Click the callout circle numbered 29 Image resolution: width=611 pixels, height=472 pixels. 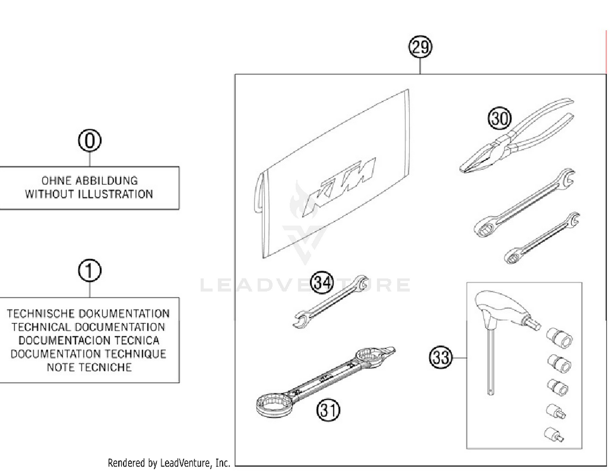coord(420,47)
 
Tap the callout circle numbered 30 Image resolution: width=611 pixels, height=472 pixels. coord(499,119)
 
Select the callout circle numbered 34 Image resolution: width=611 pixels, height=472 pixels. coord(322,282)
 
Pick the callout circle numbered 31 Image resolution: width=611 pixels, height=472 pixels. coord(328,410)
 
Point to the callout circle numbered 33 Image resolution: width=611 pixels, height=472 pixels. coord(441,358)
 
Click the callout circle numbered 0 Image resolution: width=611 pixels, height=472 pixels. coord(89,141)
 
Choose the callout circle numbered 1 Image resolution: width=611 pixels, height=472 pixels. coord(89,271)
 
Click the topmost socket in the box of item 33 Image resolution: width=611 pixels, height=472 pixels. coord(560,338)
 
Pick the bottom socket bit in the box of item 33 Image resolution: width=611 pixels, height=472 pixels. coord(554,434)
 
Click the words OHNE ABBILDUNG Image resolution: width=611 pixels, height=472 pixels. coord(89,180)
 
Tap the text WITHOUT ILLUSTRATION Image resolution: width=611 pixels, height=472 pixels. coord(89,194)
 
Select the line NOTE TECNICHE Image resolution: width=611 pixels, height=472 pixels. coord(89,367)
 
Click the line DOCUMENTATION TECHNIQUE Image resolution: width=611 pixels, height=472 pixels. coord(88,354)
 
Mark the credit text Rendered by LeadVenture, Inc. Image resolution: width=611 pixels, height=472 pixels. coord(169,463)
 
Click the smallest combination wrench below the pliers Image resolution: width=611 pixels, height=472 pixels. coord(542,238)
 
